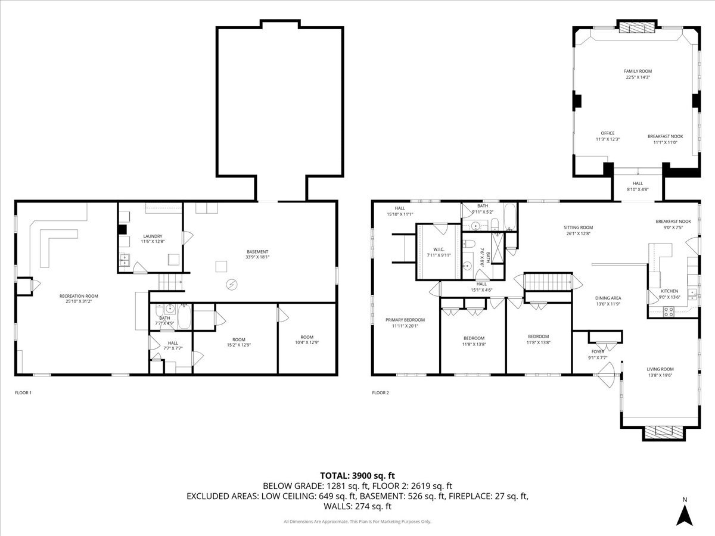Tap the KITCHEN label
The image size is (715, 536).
(670, 291)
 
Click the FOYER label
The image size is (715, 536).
(598, 351)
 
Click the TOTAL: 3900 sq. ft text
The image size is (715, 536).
(357, 475)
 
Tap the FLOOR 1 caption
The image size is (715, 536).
(23, 392)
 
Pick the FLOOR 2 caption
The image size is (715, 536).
(380, 392)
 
